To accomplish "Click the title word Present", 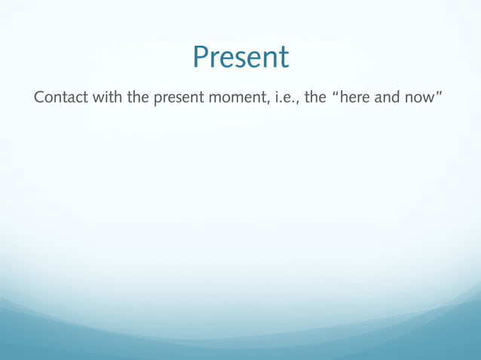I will (x=240, y=57).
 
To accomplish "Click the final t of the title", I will (x=283, y=59).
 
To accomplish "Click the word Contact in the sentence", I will (x=60, y=99).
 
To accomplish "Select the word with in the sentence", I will (x=107, y=99).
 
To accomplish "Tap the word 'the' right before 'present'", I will (x=139, y=99).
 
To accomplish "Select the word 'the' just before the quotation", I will (x=314, y=99).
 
